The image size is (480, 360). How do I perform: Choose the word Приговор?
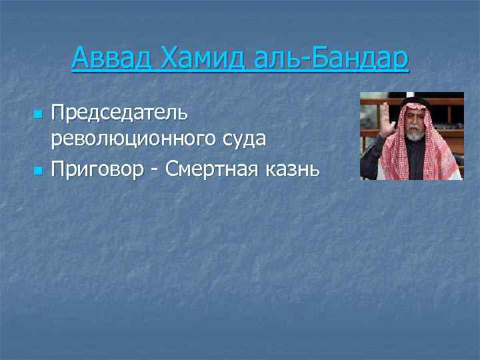[x=97, y=170]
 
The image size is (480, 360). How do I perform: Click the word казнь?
[x=293, y=170]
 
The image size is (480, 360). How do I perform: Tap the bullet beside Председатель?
[x=37, y=115]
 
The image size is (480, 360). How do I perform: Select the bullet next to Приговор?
[x=37, y=171]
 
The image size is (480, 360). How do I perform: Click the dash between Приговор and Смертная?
[x=153, y=171]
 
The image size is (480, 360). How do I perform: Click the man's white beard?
[x=415, y=133]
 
